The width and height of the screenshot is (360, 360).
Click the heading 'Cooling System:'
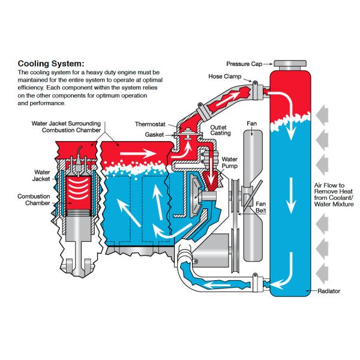pos(51,63)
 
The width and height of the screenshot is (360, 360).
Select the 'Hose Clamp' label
pos(224,77)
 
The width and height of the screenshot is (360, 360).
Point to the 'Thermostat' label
pos(151,124)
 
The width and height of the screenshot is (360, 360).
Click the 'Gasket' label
pos(154,134)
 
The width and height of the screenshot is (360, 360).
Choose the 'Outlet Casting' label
pos(218,131)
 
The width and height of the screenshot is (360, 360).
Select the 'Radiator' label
pos(329,291)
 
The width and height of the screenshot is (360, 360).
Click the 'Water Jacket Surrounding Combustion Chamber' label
pos(66,126)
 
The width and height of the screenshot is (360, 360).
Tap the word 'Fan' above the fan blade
pos(252,124)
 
